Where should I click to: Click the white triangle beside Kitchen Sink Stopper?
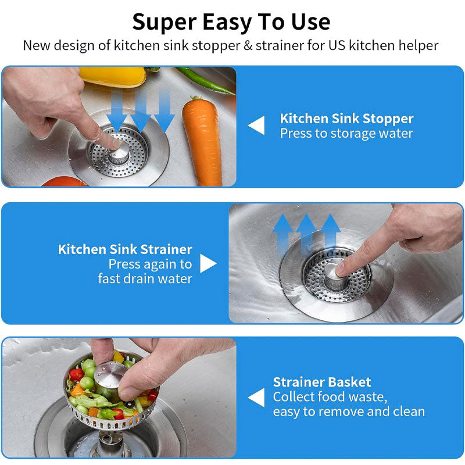point(256,126)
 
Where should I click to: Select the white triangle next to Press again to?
point(208,264)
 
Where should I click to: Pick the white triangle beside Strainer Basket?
point(256,398)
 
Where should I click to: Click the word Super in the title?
point(162,22)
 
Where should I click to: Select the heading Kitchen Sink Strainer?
point(125,249)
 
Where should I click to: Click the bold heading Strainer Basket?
point(322,382)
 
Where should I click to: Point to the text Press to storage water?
point(346,133)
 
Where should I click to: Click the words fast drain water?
point(145,278)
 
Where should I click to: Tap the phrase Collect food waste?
point(330,397)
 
